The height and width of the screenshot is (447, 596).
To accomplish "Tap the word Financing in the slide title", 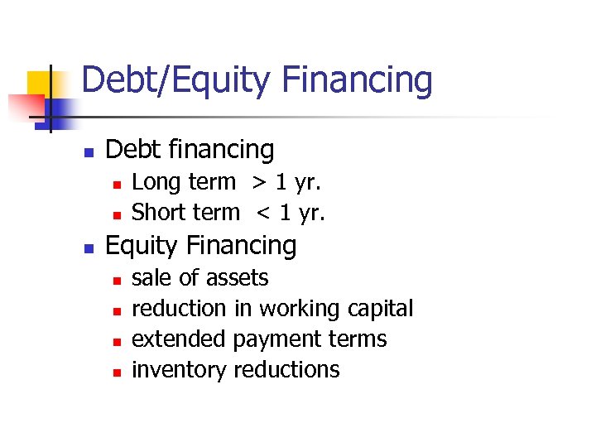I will pos(357,81).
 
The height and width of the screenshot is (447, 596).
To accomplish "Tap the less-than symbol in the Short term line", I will pos(263,213).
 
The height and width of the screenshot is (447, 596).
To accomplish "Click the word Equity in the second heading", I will pos(143,246).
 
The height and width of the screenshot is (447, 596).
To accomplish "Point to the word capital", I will pos(380,309).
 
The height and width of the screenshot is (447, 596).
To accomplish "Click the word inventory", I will pos(180,369).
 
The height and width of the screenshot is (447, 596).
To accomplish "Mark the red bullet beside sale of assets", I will pos(117,280).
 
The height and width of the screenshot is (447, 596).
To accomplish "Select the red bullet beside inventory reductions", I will pos(117,372).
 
